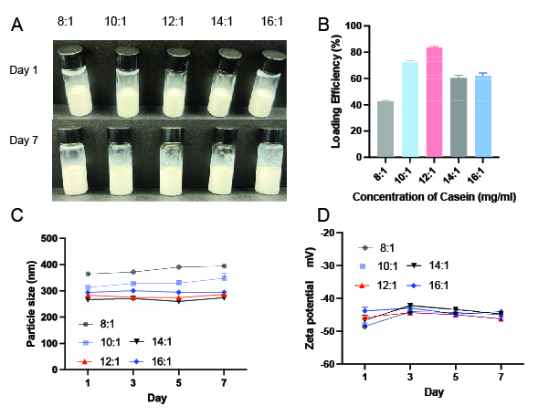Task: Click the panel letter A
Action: [x=16, y=25]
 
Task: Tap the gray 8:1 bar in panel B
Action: [x=385, y=129]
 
